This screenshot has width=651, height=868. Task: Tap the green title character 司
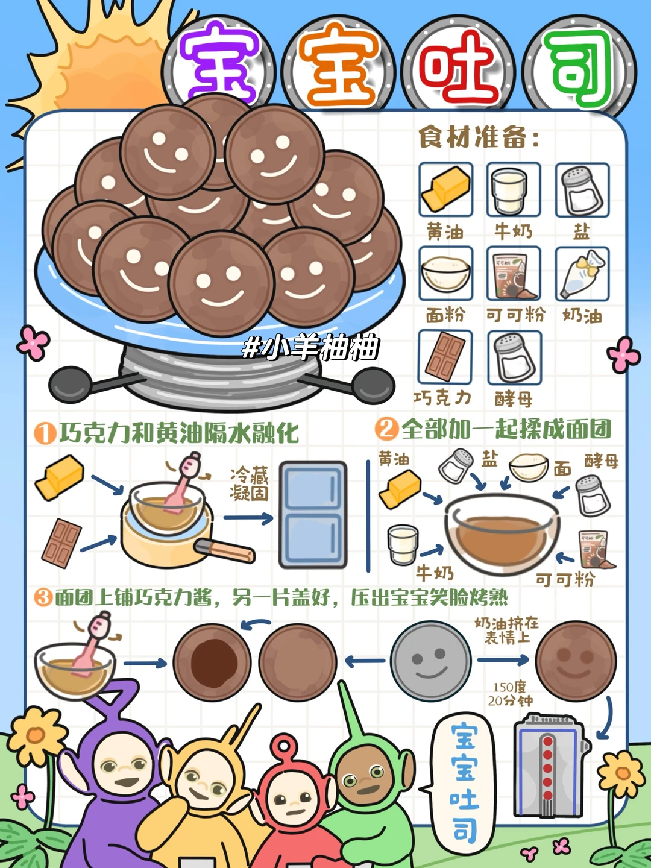point(580,68)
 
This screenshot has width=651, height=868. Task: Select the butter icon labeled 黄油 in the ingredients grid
point(445,189)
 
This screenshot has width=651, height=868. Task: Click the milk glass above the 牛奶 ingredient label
point(513,189)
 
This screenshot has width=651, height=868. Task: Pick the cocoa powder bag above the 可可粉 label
point(514,274)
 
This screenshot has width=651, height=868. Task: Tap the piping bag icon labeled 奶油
point(582,274)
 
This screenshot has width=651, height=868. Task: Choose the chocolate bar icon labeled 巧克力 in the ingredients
point(445,357)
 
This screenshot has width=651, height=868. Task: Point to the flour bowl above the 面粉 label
point(445,274)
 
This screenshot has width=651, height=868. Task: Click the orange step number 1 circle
point(45,433)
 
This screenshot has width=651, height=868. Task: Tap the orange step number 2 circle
point(386,429)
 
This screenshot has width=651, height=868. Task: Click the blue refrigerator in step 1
point(313,515)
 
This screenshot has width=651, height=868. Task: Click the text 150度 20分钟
point(510,694)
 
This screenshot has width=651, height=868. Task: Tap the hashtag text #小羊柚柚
point(310,348)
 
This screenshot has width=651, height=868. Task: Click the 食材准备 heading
point(479,138)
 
